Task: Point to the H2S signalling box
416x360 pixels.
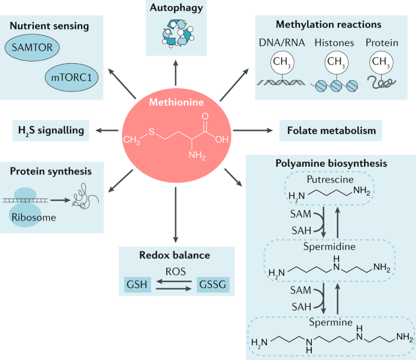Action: click(x=51, y=129)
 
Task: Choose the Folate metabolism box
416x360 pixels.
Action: click(x=327, y=129)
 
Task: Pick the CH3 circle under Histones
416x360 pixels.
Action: click(x=336, y=61)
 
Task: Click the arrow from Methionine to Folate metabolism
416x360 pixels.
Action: click(x=254, y=129)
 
